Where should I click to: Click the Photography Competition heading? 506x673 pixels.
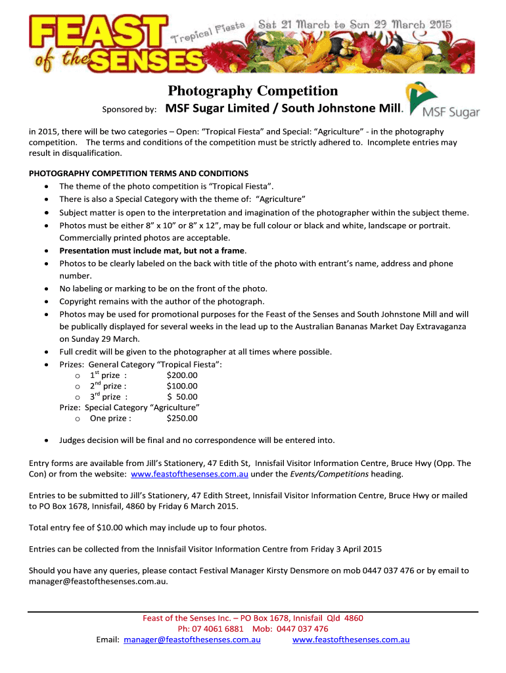[x=252, y=91]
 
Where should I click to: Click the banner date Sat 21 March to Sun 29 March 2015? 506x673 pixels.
[x=355, y=24]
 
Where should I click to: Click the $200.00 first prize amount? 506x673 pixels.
[x=182, y=375]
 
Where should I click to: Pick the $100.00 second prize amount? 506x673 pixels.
[x=182, y=386]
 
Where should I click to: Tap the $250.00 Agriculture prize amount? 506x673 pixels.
[x=182, y=418]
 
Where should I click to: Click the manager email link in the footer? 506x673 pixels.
[x=192, y=639]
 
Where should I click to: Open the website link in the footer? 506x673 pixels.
[x=351, y=639]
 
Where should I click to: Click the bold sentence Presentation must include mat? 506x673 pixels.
[x=152, y=250]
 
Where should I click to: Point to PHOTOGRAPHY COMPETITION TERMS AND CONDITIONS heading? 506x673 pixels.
[x=139, y=174]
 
